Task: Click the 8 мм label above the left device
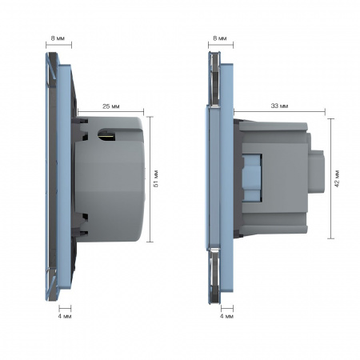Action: coord(58,38)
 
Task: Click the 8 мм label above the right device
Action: coord(220,38)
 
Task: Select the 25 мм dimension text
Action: coord(111,106)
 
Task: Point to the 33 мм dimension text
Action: coord(279,106)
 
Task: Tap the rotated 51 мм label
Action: coord(156,178)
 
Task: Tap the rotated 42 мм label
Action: coord(337,178)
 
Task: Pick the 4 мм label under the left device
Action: coord(65,317)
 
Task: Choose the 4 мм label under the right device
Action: coord(226,316)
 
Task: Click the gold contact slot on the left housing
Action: coord(106,135)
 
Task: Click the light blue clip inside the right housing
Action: coord(251,178)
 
